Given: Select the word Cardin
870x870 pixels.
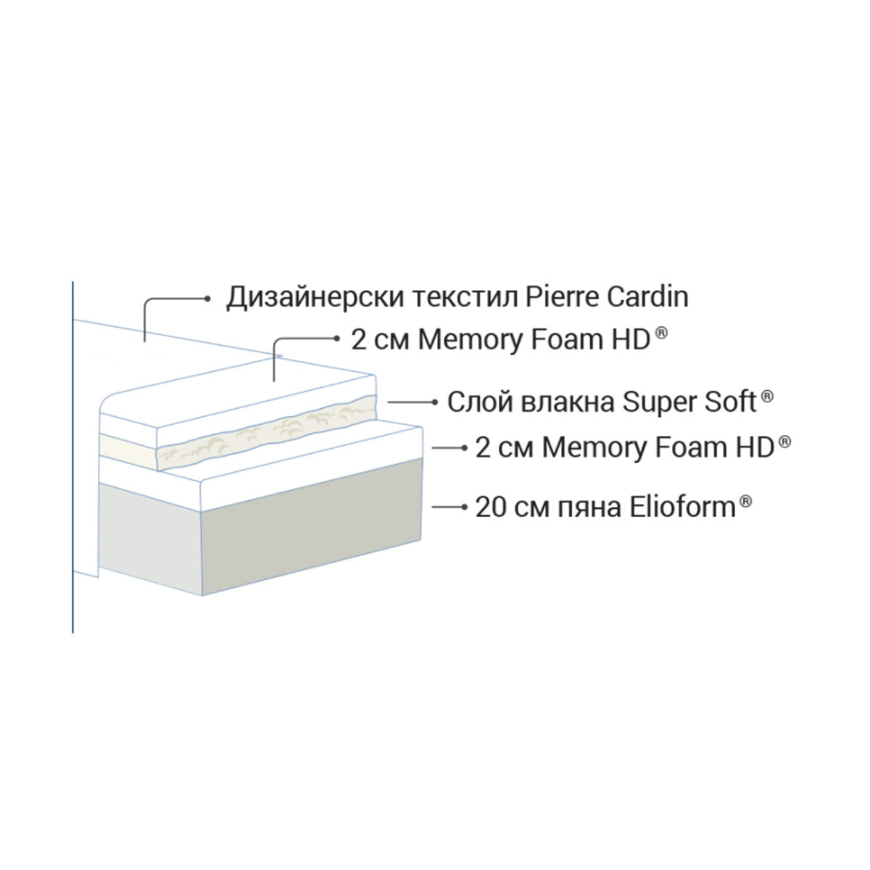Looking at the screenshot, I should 647,297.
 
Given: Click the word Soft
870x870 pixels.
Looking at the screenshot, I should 729,401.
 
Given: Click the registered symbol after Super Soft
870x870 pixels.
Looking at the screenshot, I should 768,395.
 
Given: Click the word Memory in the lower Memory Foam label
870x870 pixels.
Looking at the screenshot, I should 593,448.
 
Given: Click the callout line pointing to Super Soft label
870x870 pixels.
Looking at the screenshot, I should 410,402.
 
